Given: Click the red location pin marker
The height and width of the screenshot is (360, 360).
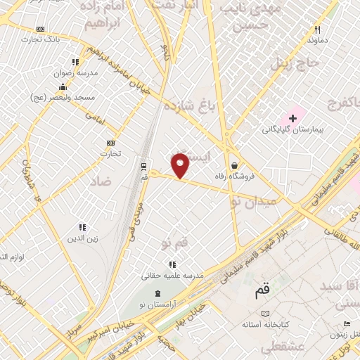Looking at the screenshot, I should point(181,165).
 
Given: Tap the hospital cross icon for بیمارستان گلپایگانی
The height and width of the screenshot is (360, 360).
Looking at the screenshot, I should point(293,117).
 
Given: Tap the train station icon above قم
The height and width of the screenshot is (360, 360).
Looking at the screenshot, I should point(144,167).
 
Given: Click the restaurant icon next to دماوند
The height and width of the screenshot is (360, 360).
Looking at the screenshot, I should point(317,30).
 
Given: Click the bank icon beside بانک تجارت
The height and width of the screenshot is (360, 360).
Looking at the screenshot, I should point(40,29).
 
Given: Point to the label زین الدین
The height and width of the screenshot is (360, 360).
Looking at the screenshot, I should point(81,238).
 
